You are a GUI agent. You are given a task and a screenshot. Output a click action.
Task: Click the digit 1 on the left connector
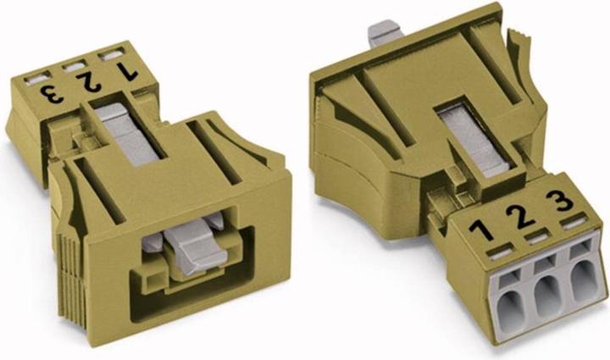128,71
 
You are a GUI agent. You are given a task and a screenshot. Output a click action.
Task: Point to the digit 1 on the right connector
481,231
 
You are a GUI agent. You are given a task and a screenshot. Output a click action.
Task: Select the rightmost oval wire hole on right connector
584,280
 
